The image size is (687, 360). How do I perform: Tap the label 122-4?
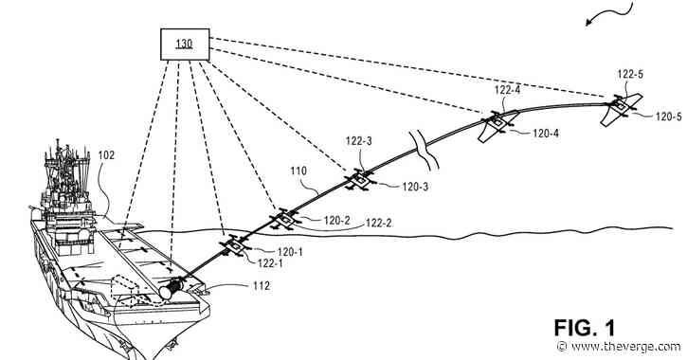(x=508, y=91)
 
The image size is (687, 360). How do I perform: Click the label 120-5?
(x=666, y=117)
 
